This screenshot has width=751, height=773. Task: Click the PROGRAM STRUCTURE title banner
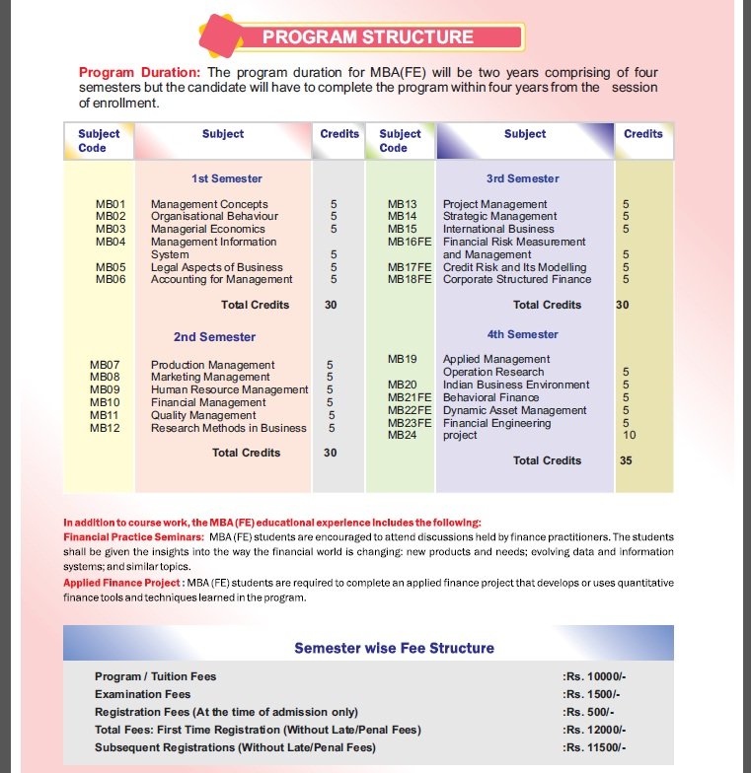tap(367, 38)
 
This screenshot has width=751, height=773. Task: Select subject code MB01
tap(111, 204)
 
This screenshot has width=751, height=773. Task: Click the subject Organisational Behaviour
tap(209, 216)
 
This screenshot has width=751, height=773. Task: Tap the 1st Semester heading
tap(227, 178)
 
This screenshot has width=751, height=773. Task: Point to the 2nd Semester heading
tap(214, 337)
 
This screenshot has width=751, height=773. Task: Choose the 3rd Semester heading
tap(522, 178)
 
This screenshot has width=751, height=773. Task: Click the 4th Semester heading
tap(522, 334)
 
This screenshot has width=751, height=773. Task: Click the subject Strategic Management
tap(499, 216)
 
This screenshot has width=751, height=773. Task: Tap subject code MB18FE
tap(411, 279)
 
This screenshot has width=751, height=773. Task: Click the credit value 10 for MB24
tap(630, 435)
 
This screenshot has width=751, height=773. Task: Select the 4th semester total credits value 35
tap(626, 460)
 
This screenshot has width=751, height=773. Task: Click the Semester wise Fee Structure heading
tap(394, 648)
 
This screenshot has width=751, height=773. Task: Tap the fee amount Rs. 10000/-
tap(594, 676)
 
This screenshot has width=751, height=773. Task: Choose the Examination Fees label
tap(143, 694)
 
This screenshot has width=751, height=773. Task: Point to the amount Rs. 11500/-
tap(594, 747)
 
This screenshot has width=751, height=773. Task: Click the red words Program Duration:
tap(139, 73)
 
